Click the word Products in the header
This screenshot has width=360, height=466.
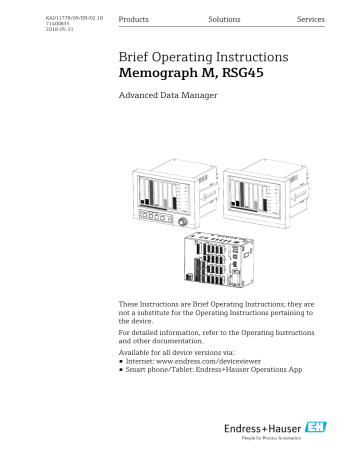pos(135,20)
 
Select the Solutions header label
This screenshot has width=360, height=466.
pos(224,20)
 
